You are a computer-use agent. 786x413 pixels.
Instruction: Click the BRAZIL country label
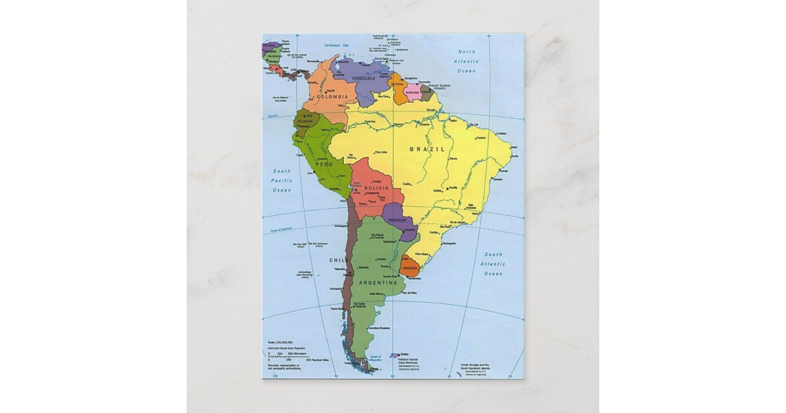(x=427, y=149)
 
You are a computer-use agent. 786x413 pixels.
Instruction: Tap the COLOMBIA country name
(x=332, y=97)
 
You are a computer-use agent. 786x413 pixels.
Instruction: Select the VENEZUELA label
(x=363, y=79)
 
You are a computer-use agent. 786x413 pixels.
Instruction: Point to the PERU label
(x=315, y=164)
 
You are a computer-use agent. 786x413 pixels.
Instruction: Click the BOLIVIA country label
(x=377, y=188)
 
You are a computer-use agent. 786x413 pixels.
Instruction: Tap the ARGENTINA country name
(x=378, y=283)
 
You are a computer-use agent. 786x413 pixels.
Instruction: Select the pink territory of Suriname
(x=413, y=90)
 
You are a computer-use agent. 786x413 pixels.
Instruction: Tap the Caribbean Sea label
(x=337, y=45)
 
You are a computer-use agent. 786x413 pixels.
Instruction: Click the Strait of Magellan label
(x=375, y=358)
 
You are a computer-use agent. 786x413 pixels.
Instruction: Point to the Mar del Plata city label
(x=409, y=292)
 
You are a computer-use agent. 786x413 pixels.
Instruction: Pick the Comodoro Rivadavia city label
(x=379, y=327)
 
